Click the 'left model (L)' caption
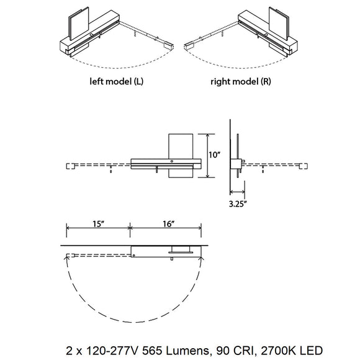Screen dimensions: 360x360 tap(117, 81)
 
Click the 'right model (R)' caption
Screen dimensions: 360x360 tap(241, 81)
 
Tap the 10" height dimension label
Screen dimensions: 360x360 tap(215, 155)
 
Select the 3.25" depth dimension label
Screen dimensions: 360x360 tap(238, 204)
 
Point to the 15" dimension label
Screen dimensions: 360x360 tap(98, 224)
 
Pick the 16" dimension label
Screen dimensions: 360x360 tap(169, 224)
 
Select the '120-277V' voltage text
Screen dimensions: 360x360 tap(112, 351)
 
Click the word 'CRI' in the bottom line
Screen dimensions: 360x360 tap(244, 351)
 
